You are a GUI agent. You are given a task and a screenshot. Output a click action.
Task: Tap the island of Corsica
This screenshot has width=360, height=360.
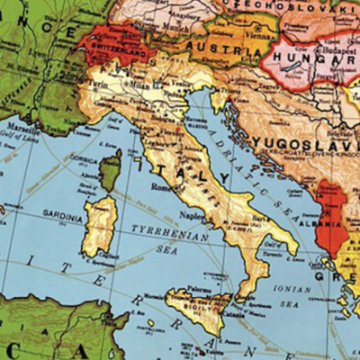tap(111, 170)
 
